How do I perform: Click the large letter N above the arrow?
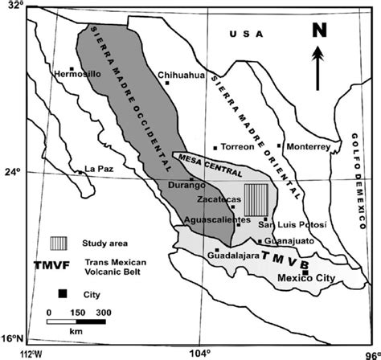pyautogui.click(x=318, y=32)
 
